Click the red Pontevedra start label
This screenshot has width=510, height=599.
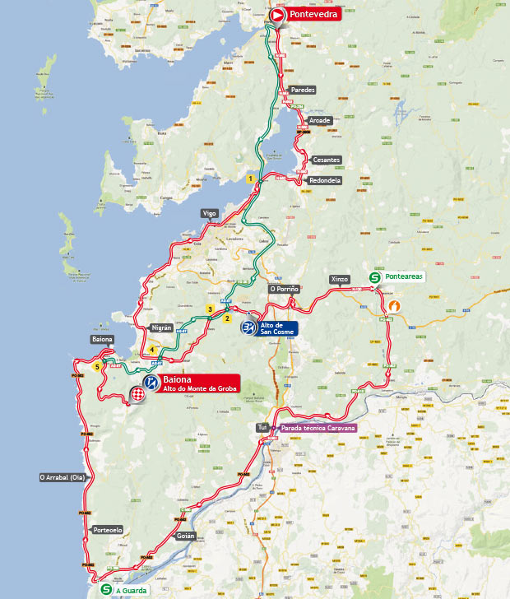pos(313,15)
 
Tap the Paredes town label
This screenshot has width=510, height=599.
pos(303,91)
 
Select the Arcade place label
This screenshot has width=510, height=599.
pos(319,121)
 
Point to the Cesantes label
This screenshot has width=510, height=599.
pos(326,160)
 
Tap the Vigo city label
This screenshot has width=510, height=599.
pos(210,213)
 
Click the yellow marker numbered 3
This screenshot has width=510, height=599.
pos(211,309)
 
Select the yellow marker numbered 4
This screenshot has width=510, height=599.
pos(153,350)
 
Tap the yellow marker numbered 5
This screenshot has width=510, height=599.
pos(98,367)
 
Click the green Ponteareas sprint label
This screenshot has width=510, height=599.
pos(403,276)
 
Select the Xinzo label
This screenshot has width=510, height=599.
pos(340,280)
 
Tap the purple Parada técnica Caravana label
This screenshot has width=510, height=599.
pos(318,429)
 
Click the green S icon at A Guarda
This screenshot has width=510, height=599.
pos(104,589)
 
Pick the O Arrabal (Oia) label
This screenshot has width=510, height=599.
pos(63,477)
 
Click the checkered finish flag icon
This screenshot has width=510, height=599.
pos(137,397)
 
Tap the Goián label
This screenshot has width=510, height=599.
pos(185,536)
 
